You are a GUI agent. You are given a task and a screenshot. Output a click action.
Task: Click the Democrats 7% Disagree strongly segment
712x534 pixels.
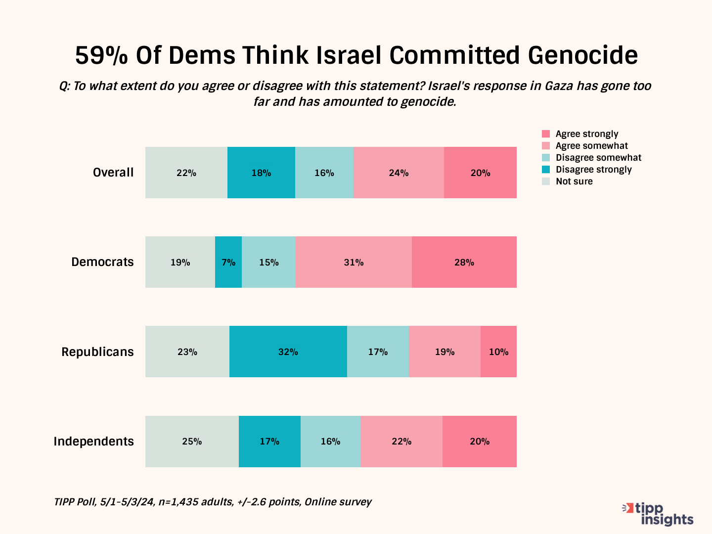pyautogui.click(x=228, y=262)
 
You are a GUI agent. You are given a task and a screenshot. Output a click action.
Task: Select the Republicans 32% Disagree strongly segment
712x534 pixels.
pyautogui.click(x=288, y=352)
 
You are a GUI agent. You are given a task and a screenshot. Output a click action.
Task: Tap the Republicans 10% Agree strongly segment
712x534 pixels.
pyautogui.click(x=498, y=352)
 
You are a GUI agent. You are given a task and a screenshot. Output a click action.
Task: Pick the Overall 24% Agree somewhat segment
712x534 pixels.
pyautogui.click(x=399, y=173)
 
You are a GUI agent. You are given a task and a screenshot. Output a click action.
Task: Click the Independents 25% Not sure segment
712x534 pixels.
pyautogui.click(x=192, y=442)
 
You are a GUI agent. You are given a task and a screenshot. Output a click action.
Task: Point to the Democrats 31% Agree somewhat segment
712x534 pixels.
pyautogui.click(x=354, y=262)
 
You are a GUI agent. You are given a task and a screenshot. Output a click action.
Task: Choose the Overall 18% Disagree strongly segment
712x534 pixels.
pyautogui.click(x=261, y=173)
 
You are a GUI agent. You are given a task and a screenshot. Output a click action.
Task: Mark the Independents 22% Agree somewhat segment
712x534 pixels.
pyautogui.click(x=401, y=442)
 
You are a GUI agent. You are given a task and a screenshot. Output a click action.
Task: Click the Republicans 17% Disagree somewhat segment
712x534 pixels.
pyautogui.click(x=378, y=352)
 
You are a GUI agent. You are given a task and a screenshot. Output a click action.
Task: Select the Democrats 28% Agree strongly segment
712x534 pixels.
pyautogui.click(x=464, y=262)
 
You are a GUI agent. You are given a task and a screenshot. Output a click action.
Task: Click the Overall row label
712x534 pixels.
pyautogui.click(x=113, y=173)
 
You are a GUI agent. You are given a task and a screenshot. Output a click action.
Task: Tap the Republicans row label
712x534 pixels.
pyautogui.click(x=97, y=352)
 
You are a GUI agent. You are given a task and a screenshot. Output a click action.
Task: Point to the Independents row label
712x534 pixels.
pyautogui.click(x=93, y=442)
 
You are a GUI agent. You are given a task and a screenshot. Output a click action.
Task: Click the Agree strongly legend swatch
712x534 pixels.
pyautogui.click(x=546, y=134)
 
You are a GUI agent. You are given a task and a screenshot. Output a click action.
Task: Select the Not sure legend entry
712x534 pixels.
pyautogui.click(x=574, y=181)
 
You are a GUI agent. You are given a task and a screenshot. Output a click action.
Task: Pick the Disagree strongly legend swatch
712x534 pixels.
pyautogui.click(x=546, y=170)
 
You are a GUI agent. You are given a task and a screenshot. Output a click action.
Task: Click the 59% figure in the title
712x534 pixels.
pyautogui.click(x=101, y=55)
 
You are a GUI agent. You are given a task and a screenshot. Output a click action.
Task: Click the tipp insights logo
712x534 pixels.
pyautogui.click(x=659, y=514)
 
